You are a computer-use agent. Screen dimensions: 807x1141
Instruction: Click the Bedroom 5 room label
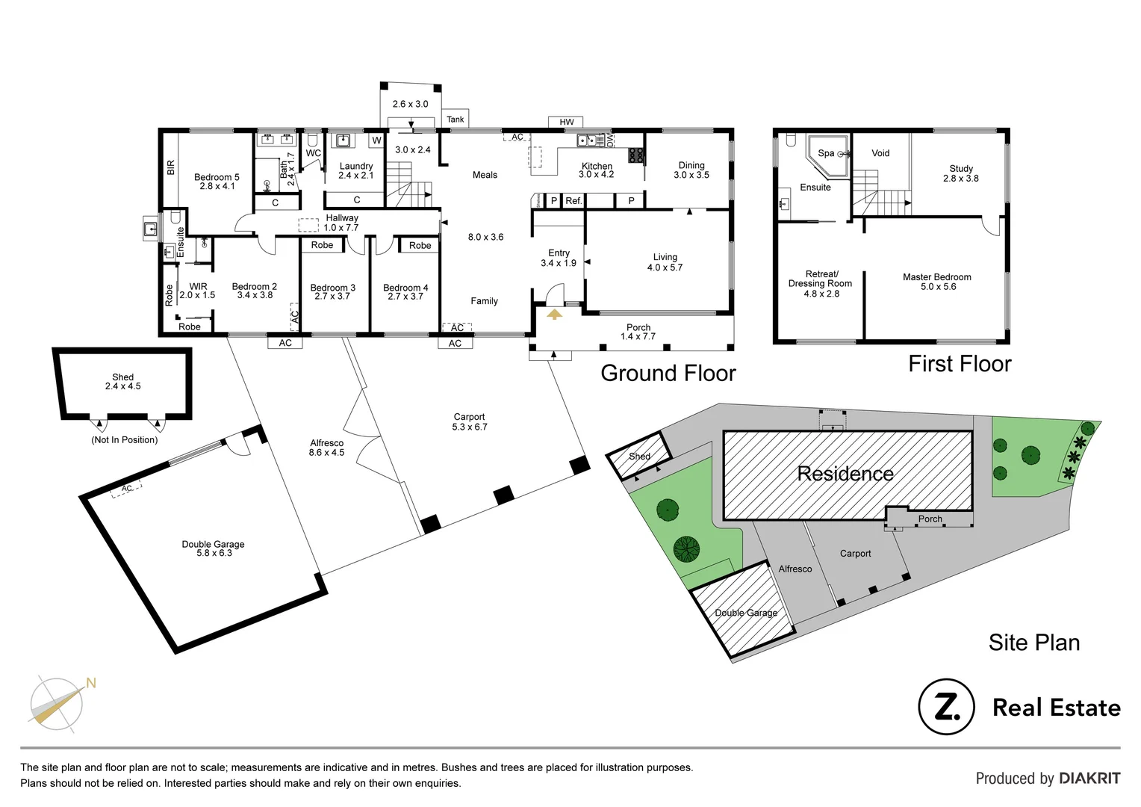tap(217, 177)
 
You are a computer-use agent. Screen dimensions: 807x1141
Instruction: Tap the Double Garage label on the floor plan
tap(213, 544)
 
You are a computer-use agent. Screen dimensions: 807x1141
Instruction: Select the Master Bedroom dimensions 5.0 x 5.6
tap(938, 287)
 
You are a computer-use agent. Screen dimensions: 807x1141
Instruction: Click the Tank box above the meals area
tap(455, 120)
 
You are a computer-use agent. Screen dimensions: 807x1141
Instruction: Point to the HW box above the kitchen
tap(567, 122)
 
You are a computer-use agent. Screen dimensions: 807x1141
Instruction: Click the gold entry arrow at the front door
tap(554, 315)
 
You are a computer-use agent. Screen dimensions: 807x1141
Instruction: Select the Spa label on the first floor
tap(826, 153)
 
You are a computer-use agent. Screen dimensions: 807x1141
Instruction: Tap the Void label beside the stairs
tap(880, 153)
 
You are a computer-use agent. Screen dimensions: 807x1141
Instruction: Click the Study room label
tap(961, 169)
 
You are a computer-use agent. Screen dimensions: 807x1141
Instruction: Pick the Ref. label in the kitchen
tap(573, 201)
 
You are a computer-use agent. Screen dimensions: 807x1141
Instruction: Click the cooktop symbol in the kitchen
tap(636, 155)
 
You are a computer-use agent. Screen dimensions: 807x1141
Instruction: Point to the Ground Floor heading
tap(668, 373)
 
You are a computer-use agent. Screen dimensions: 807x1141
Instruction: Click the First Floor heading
tap(960, 364)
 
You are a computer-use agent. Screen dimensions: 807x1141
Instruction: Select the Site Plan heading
tap(1033, 643)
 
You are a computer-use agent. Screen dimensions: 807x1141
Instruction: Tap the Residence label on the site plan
tap(845, 474)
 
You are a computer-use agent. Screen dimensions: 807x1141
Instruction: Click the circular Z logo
tap(946, 707)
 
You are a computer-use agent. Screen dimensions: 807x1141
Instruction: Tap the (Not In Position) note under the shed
tap(124, 440)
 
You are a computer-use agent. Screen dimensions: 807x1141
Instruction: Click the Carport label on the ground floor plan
tap(469, 417)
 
